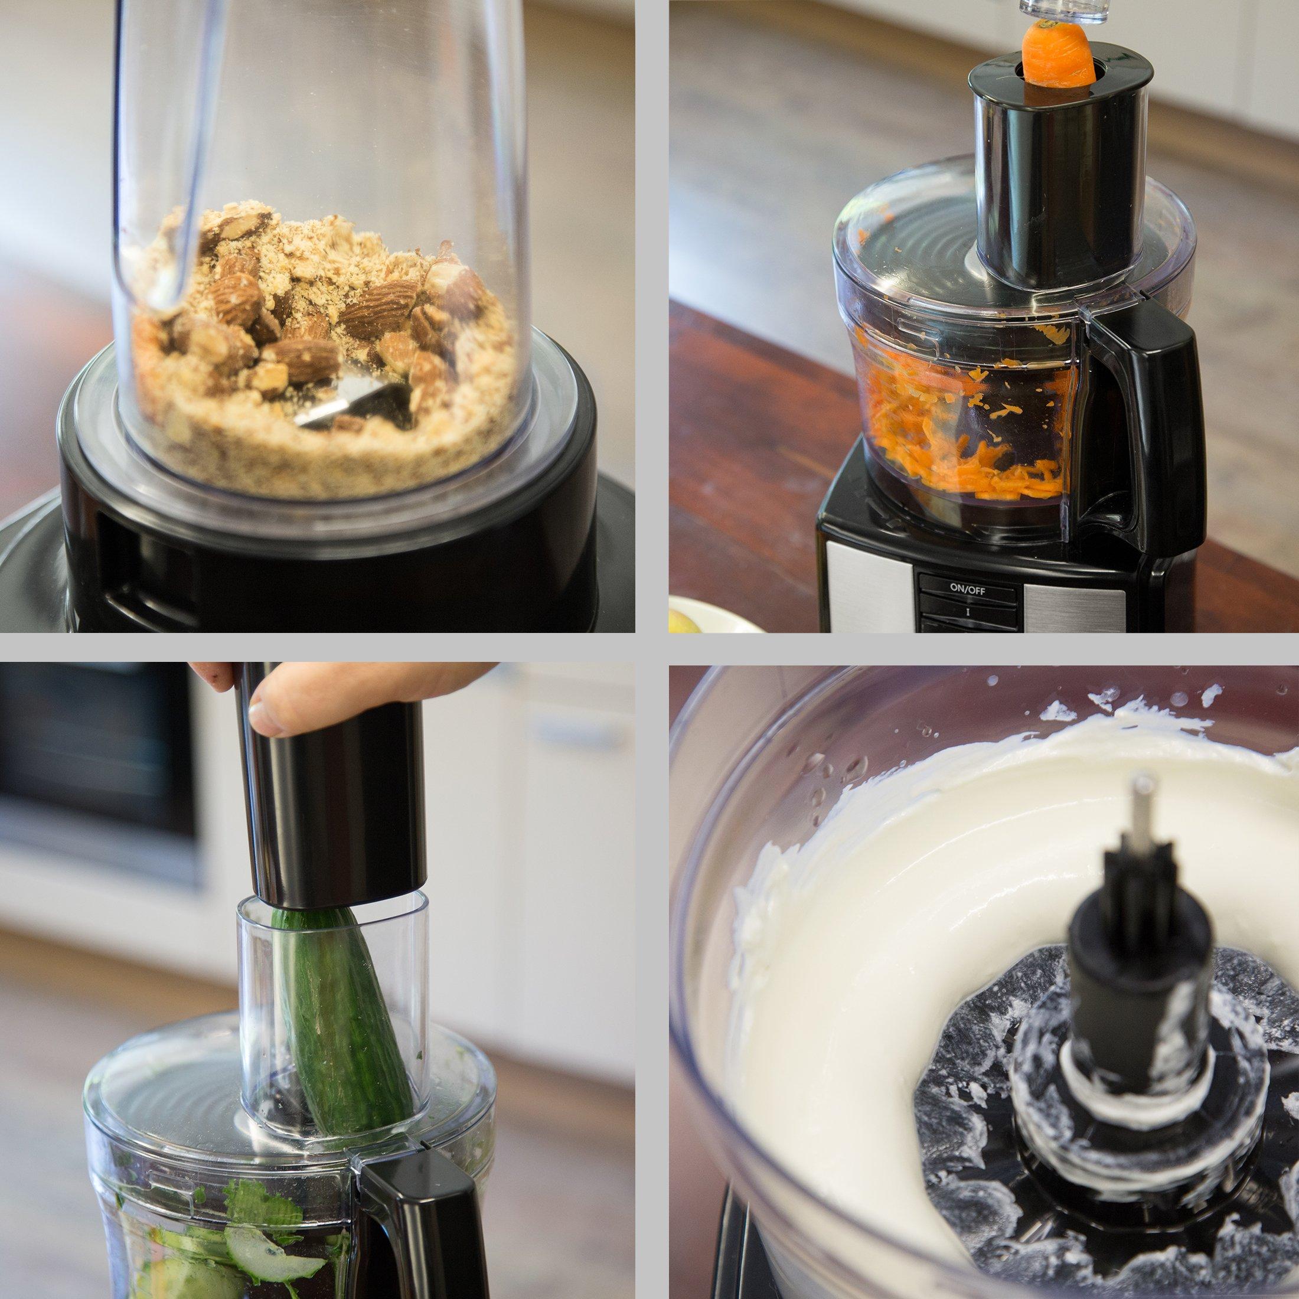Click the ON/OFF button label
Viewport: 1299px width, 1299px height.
pyautogui.click(x=967, y=588)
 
